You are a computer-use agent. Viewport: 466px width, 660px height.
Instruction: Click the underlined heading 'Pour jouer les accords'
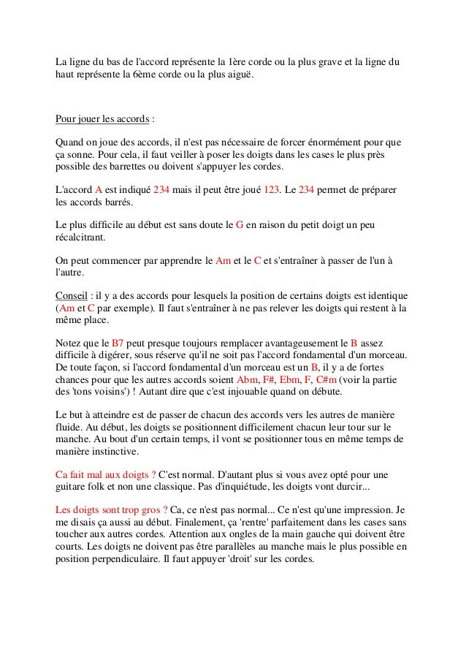point(103,119)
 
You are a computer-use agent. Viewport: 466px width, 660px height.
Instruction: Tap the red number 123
point(271,189)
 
